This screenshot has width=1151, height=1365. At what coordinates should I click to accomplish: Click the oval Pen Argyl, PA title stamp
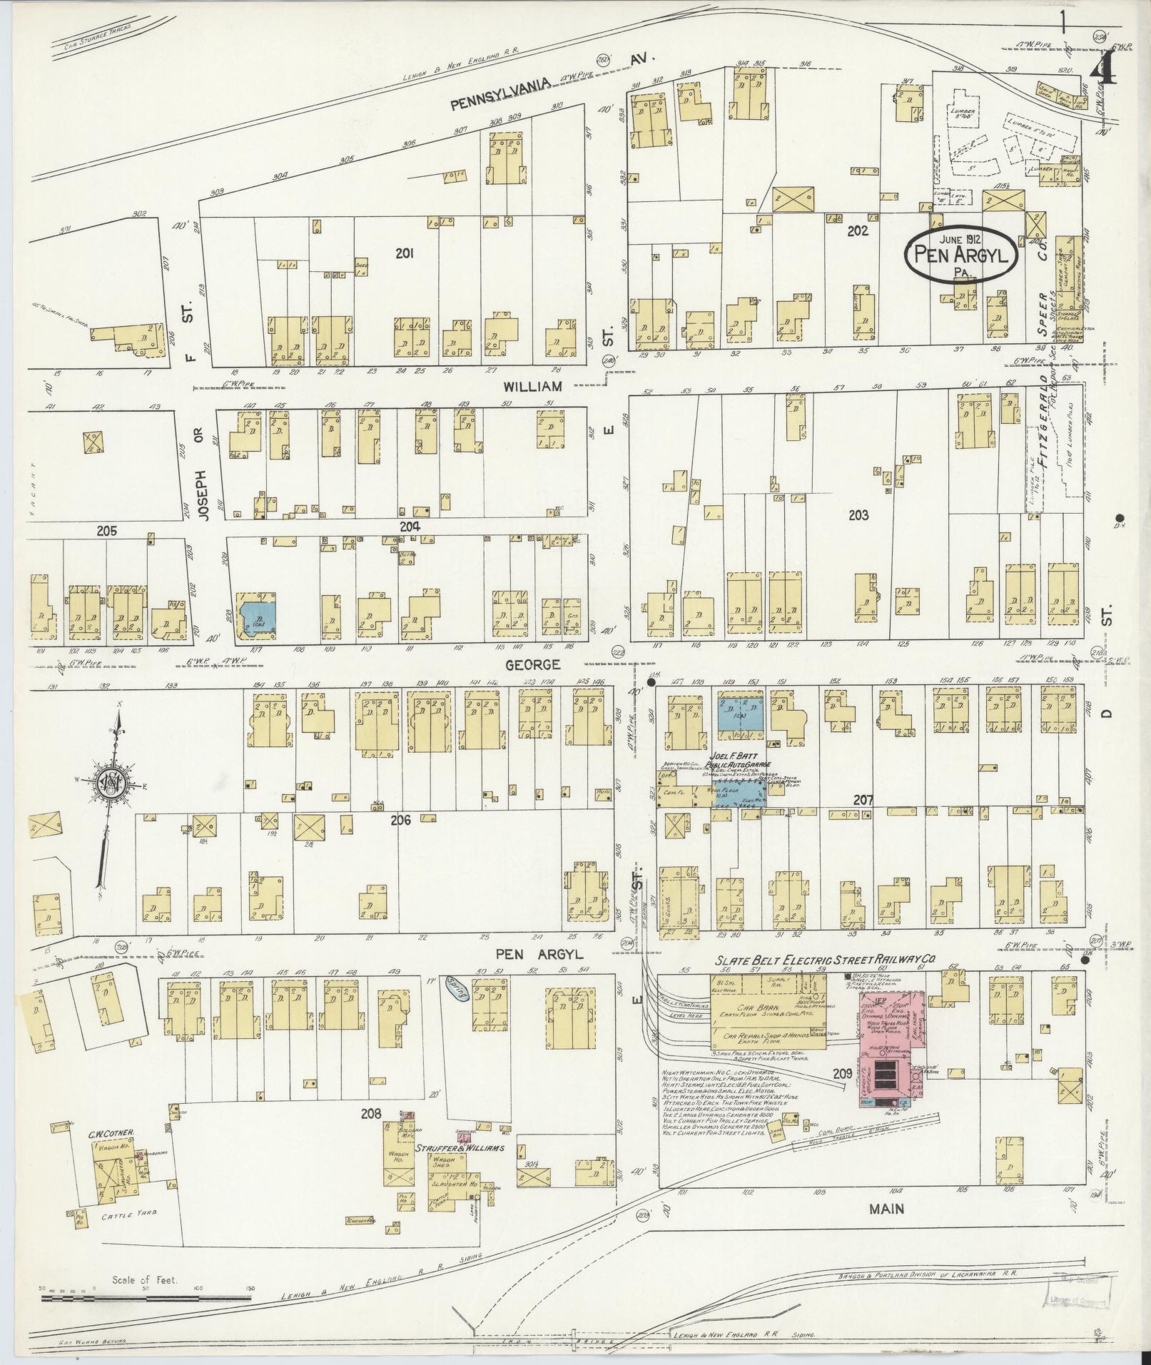pyautogui.click(x=960, y=255)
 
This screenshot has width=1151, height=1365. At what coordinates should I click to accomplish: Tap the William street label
pyautogui.click(x=532, y=386)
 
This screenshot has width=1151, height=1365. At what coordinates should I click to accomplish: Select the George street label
pyautogui.click(x=532, y=664)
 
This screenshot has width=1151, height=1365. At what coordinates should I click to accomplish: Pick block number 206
pyautogui.click(x=400, y=820)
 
